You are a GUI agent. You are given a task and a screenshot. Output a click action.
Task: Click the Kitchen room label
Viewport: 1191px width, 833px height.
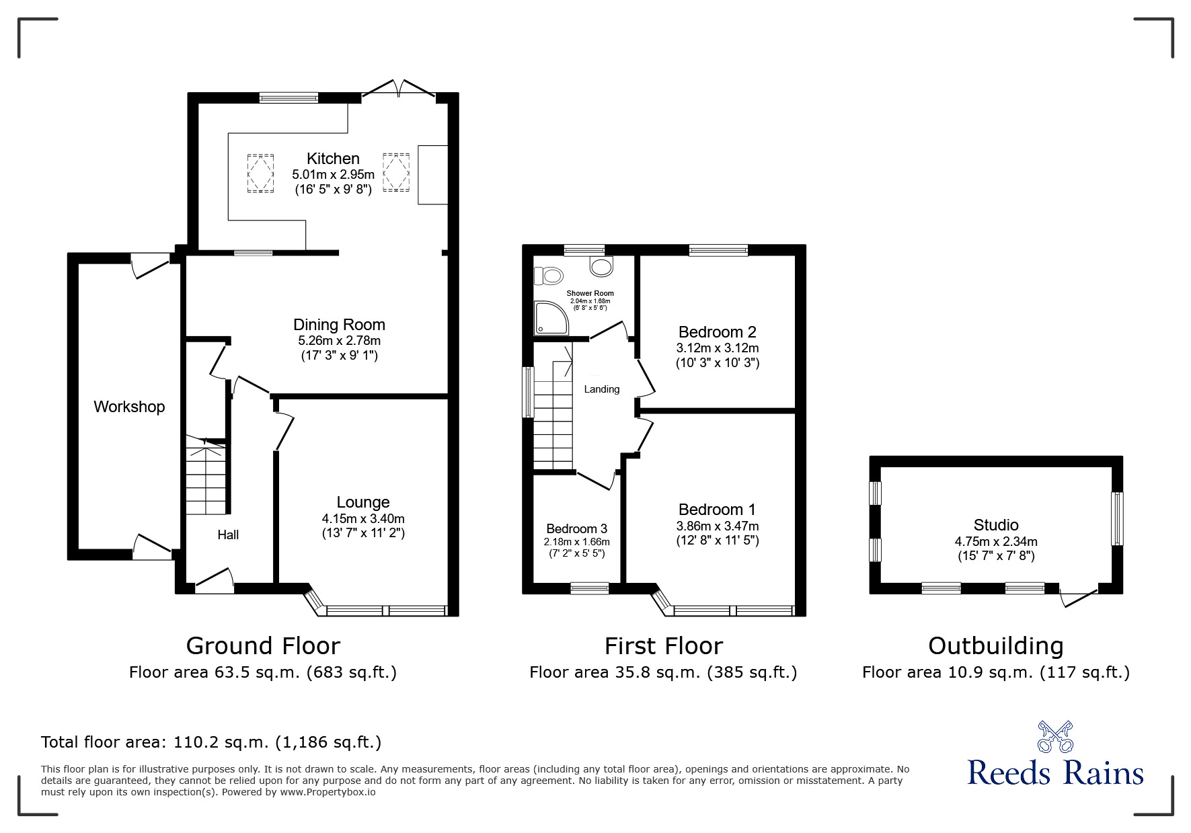pos(333,159)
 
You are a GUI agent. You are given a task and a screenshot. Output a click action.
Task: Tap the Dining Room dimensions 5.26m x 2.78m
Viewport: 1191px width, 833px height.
pos(339,341)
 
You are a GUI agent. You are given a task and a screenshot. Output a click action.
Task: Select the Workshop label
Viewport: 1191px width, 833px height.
pos(129,407)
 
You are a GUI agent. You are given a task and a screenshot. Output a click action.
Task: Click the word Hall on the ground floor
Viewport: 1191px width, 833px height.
pos(228,535)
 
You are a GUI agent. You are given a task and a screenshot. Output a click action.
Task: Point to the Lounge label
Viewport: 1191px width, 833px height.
pos(363,502)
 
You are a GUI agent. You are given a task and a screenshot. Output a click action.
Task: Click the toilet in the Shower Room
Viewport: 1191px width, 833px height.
pos(548,275)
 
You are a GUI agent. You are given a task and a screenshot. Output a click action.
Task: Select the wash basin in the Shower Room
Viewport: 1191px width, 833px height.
pos(601,266)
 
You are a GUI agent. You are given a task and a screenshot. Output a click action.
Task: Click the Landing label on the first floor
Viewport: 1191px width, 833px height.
pos(601,389)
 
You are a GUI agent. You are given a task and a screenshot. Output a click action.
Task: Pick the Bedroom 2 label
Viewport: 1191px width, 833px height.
pos(717,331)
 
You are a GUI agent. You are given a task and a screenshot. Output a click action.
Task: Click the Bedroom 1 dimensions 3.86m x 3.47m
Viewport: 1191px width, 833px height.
pos(717,526)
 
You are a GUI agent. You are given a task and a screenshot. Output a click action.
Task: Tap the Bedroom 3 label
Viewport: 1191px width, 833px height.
pos(576,529)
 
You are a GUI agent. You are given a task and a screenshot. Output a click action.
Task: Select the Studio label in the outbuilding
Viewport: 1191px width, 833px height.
pos(995,525)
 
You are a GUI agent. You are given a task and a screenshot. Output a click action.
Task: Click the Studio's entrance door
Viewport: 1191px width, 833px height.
pos(1077,596)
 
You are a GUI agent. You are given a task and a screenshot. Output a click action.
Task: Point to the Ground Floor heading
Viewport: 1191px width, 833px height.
pos(263,646)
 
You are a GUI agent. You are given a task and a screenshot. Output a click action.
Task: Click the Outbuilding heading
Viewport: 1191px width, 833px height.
pos(995,646)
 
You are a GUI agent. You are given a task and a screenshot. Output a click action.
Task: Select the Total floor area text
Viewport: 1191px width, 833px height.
pos(211,742)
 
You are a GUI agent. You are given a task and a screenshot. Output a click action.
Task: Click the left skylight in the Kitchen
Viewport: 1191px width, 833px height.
pos(261,173)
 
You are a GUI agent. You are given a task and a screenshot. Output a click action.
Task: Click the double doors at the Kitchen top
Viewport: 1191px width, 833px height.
pos(399,89)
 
